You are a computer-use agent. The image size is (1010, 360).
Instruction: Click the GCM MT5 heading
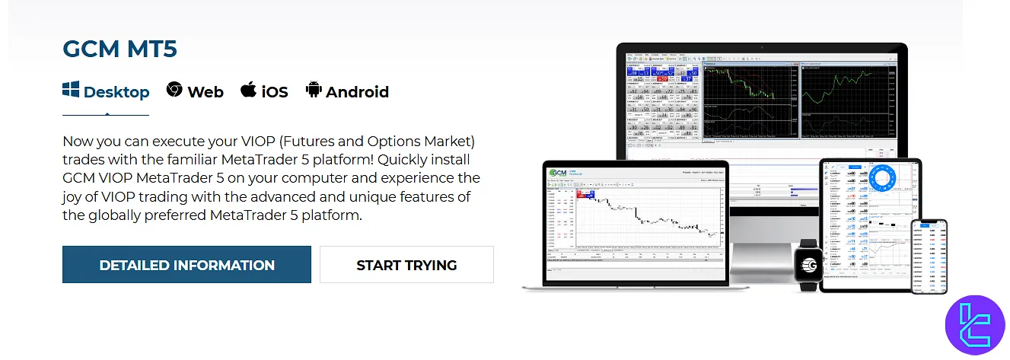point(119,49)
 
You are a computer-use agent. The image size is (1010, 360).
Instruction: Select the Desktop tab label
point(116,92)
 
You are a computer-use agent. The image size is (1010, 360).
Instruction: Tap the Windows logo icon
point(71,91)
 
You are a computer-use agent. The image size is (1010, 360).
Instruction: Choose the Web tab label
point(206,92)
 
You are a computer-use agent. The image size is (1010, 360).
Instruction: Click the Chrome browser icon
point(174,90)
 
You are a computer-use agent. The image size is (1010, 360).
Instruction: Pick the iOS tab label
point(275,92)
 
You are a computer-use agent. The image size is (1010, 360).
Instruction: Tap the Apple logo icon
point(248,90)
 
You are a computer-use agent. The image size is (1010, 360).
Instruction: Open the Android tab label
point(357,92)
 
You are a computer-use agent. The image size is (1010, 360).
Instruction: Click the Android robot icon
point(313,90)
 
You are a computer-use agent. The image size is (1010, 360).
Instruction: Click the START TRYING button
point(406,265)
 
